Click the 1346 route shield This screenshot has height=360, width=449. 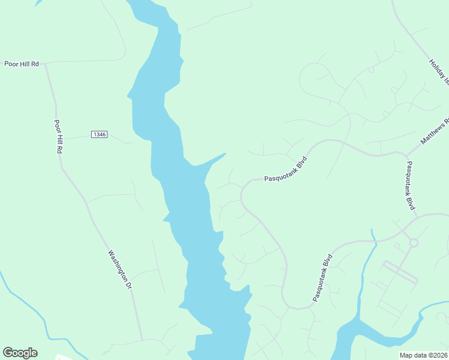tap(100, 134)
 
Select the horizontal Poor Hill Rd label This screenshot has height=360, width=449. tap(21, 63)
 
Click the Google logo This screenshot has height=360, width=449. tap(20, 353)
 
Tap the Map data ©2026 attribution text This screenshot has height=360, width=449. tap(423, 355)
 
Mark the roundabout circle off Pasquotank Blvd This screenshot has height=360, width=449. tap(413, 242)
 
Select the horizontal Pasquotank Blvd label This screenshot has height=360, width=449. tap(286, 169)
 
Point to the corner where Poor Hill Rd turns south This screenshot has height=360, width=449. tap(46, 64)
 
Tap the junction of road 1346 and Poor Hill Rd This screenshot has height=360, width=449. tap(64, 139)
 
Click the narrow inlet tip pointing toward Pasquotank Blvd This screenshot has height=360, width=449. tap(225, 154)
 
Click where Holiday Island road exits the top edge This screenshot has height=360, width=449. tap(393, 2)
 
